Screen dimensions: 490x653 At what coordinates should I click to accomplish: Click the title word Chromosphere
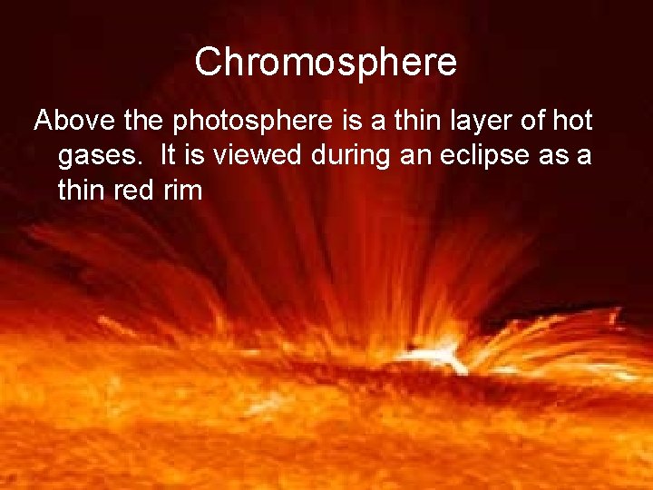326,63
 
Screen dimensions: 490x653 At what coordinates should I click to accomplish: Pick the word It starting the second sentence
170,155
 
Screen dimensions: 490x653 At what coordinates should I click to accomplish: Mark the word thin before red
82,191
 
